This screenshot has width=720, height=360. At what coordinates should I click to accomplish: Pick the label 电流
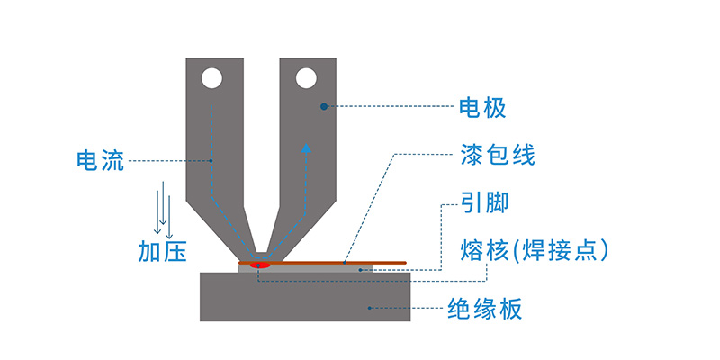101,162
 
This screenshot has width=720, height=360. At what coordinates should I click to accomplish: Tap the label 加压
162,251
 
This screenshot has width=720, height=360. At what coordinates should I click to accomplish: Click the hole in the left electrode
211,79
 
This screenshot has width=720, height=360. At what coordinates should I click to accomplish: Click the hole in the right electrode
307,79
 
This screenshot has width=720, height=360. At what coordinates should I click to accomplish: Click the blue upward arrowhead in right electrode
307,148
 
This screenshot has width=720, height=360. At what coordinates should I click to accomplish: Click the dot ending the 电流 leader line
211,162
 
